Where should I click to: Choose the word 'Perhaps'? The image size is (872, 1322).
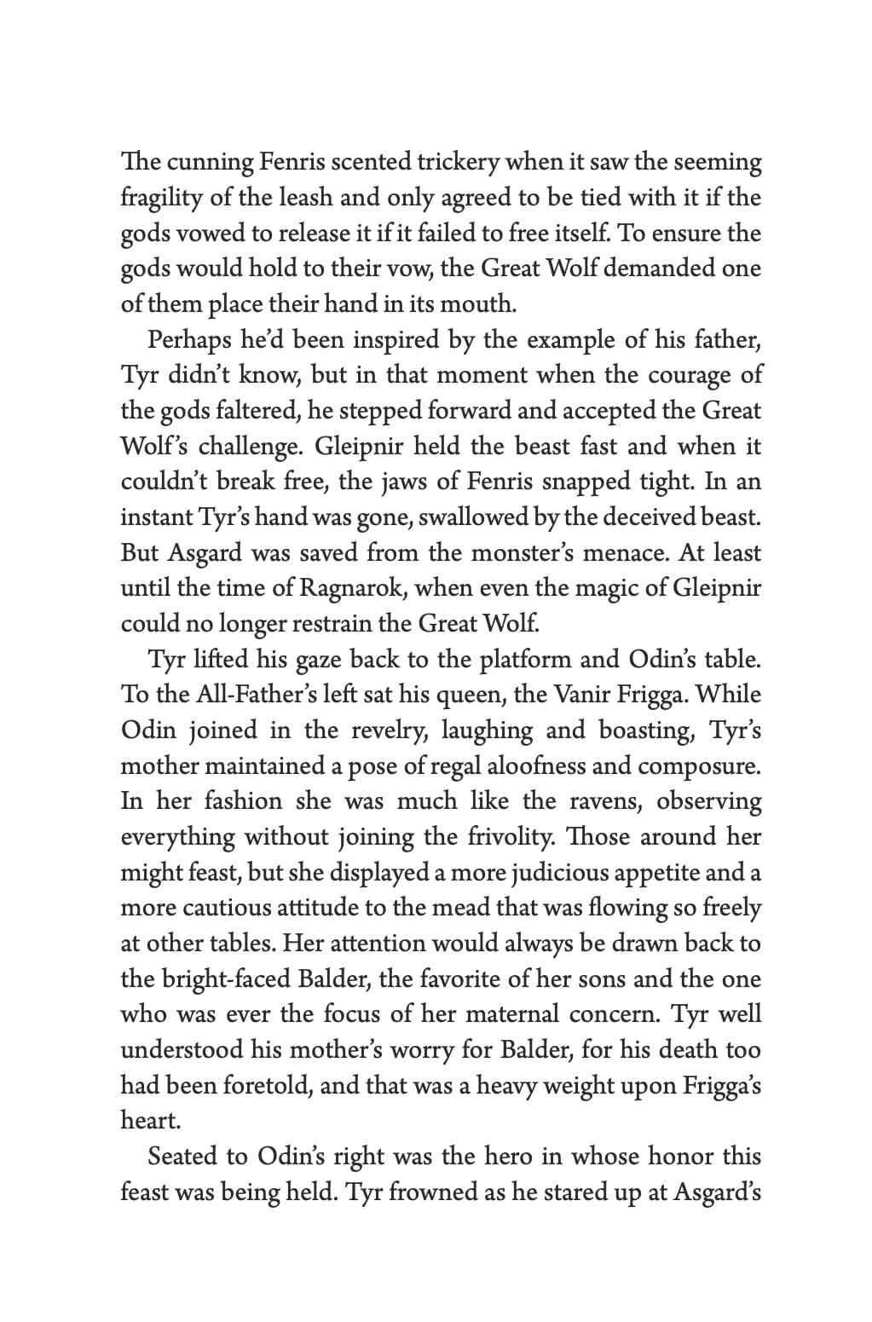pos(189,340)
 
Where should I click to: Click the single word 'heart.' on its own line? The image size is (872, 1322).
pos(151,1121)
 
